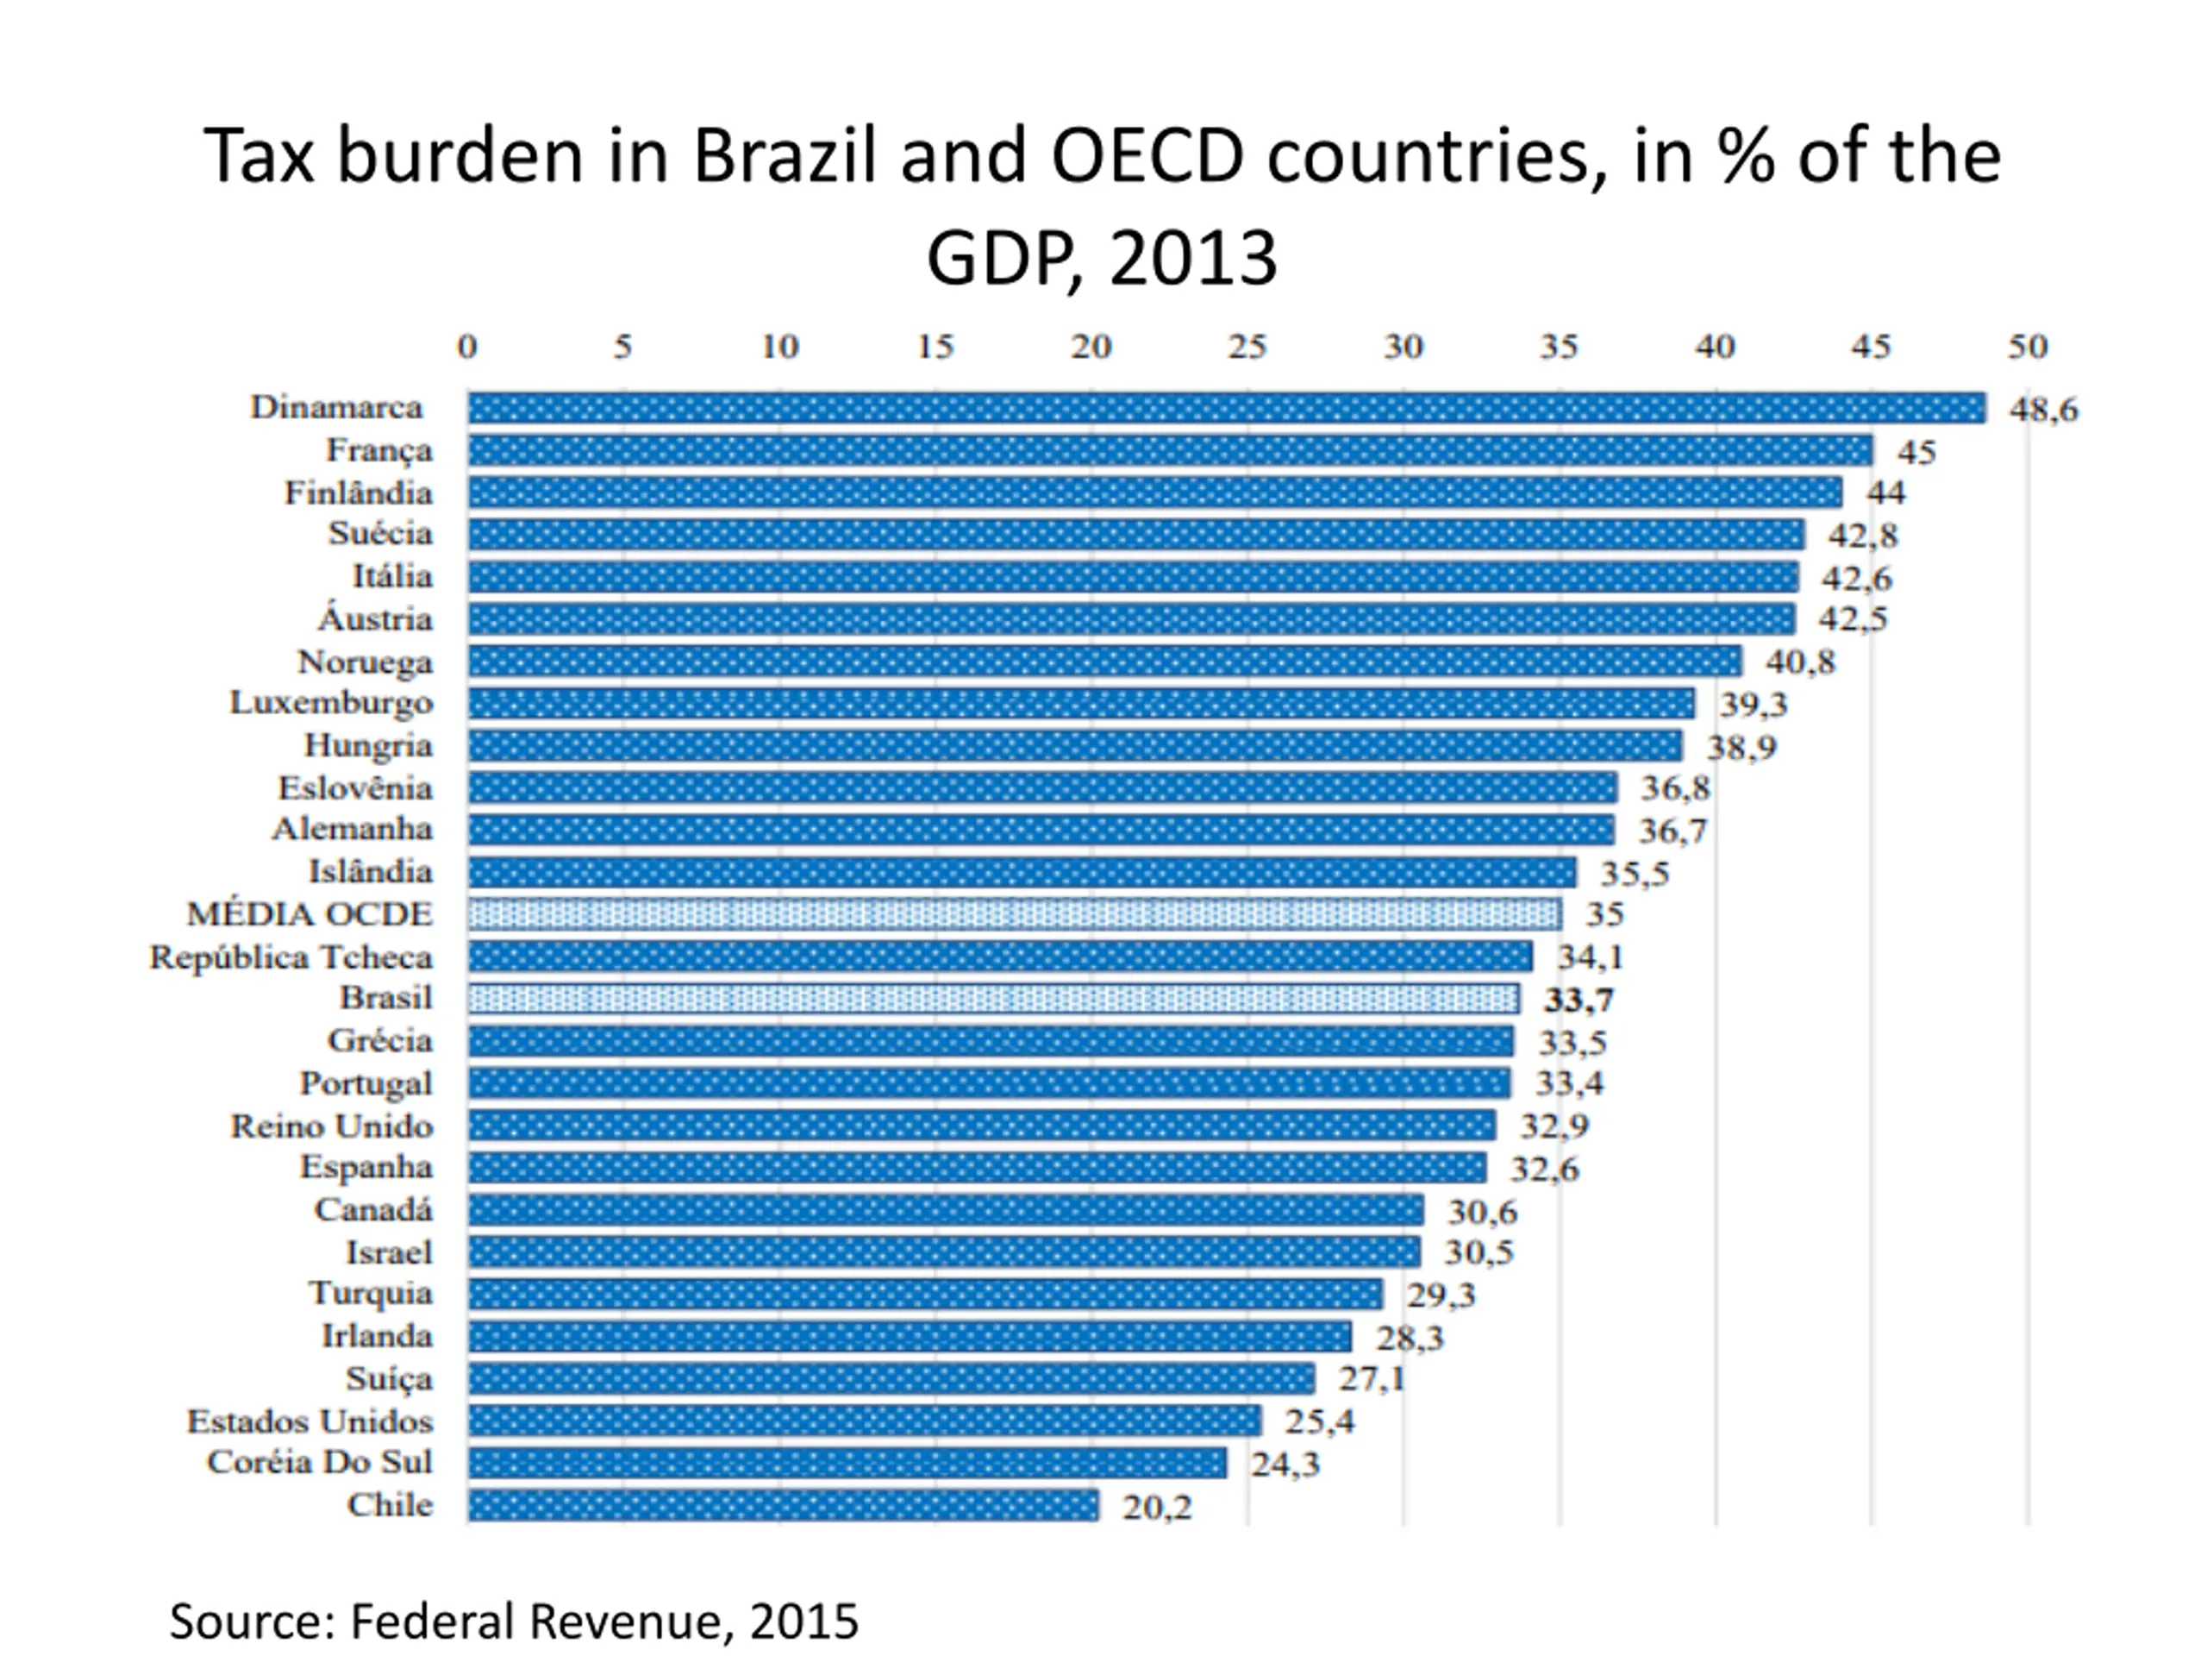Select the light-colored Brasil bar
[993, 998]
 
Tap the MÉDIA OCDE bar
[1014, 914]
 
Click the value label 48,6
[2043, 410]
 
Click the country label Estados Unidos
[309, 1421]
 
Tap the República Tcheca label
[291, 957]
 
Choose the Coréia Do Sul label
[319, 1462]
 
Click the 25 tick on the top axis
[1247, 347]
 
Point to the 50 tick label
[2028, 347]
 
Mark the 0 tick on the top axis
[467, 347]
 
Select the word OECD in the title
[1147, 157]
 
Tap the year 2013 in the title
[1192, 259]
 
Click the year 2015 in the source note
[804, 1621]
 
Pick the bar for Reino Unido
[982, 1126]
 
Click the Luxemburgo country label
[331, 703]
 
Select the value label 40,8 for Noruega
[1800, 662]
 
